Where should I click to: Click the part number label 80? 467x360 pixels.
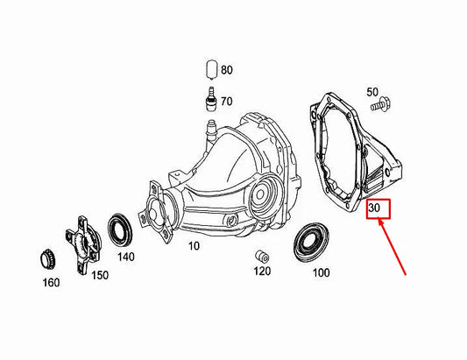click(x=227, y=69)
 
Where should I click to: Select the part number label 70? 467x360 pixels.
click(x=226, y=102)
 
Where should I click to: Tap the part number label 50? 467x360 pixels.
click(x=371, y=92)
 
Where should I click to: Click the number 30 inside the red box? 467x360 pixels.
click(x=374, y=208)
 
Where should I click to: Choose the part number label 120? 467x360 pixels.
click(x=262, y=272)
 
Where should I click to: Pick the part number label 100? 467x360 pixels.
click(x=321, y=273)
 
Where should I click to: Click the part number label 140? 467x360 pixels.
click(x=126, y=257)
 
